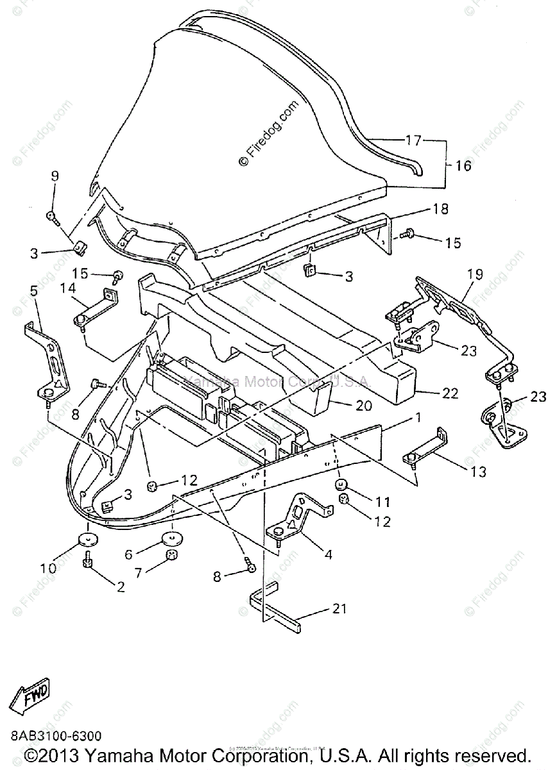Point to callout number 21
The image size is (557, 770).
pyautogui.click(x=339, y=608)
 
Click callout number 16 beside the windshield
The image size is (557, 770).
pyautogui.click(x=463, y=166)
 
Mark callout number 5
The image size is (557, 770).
pyautogui.click(x=34, y=291)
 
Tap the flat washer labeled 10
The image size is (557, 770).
pyautogui.click(x=87, y=539)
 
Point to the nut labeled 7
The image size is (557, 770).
pyautogui.click(x=171, y=554)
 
